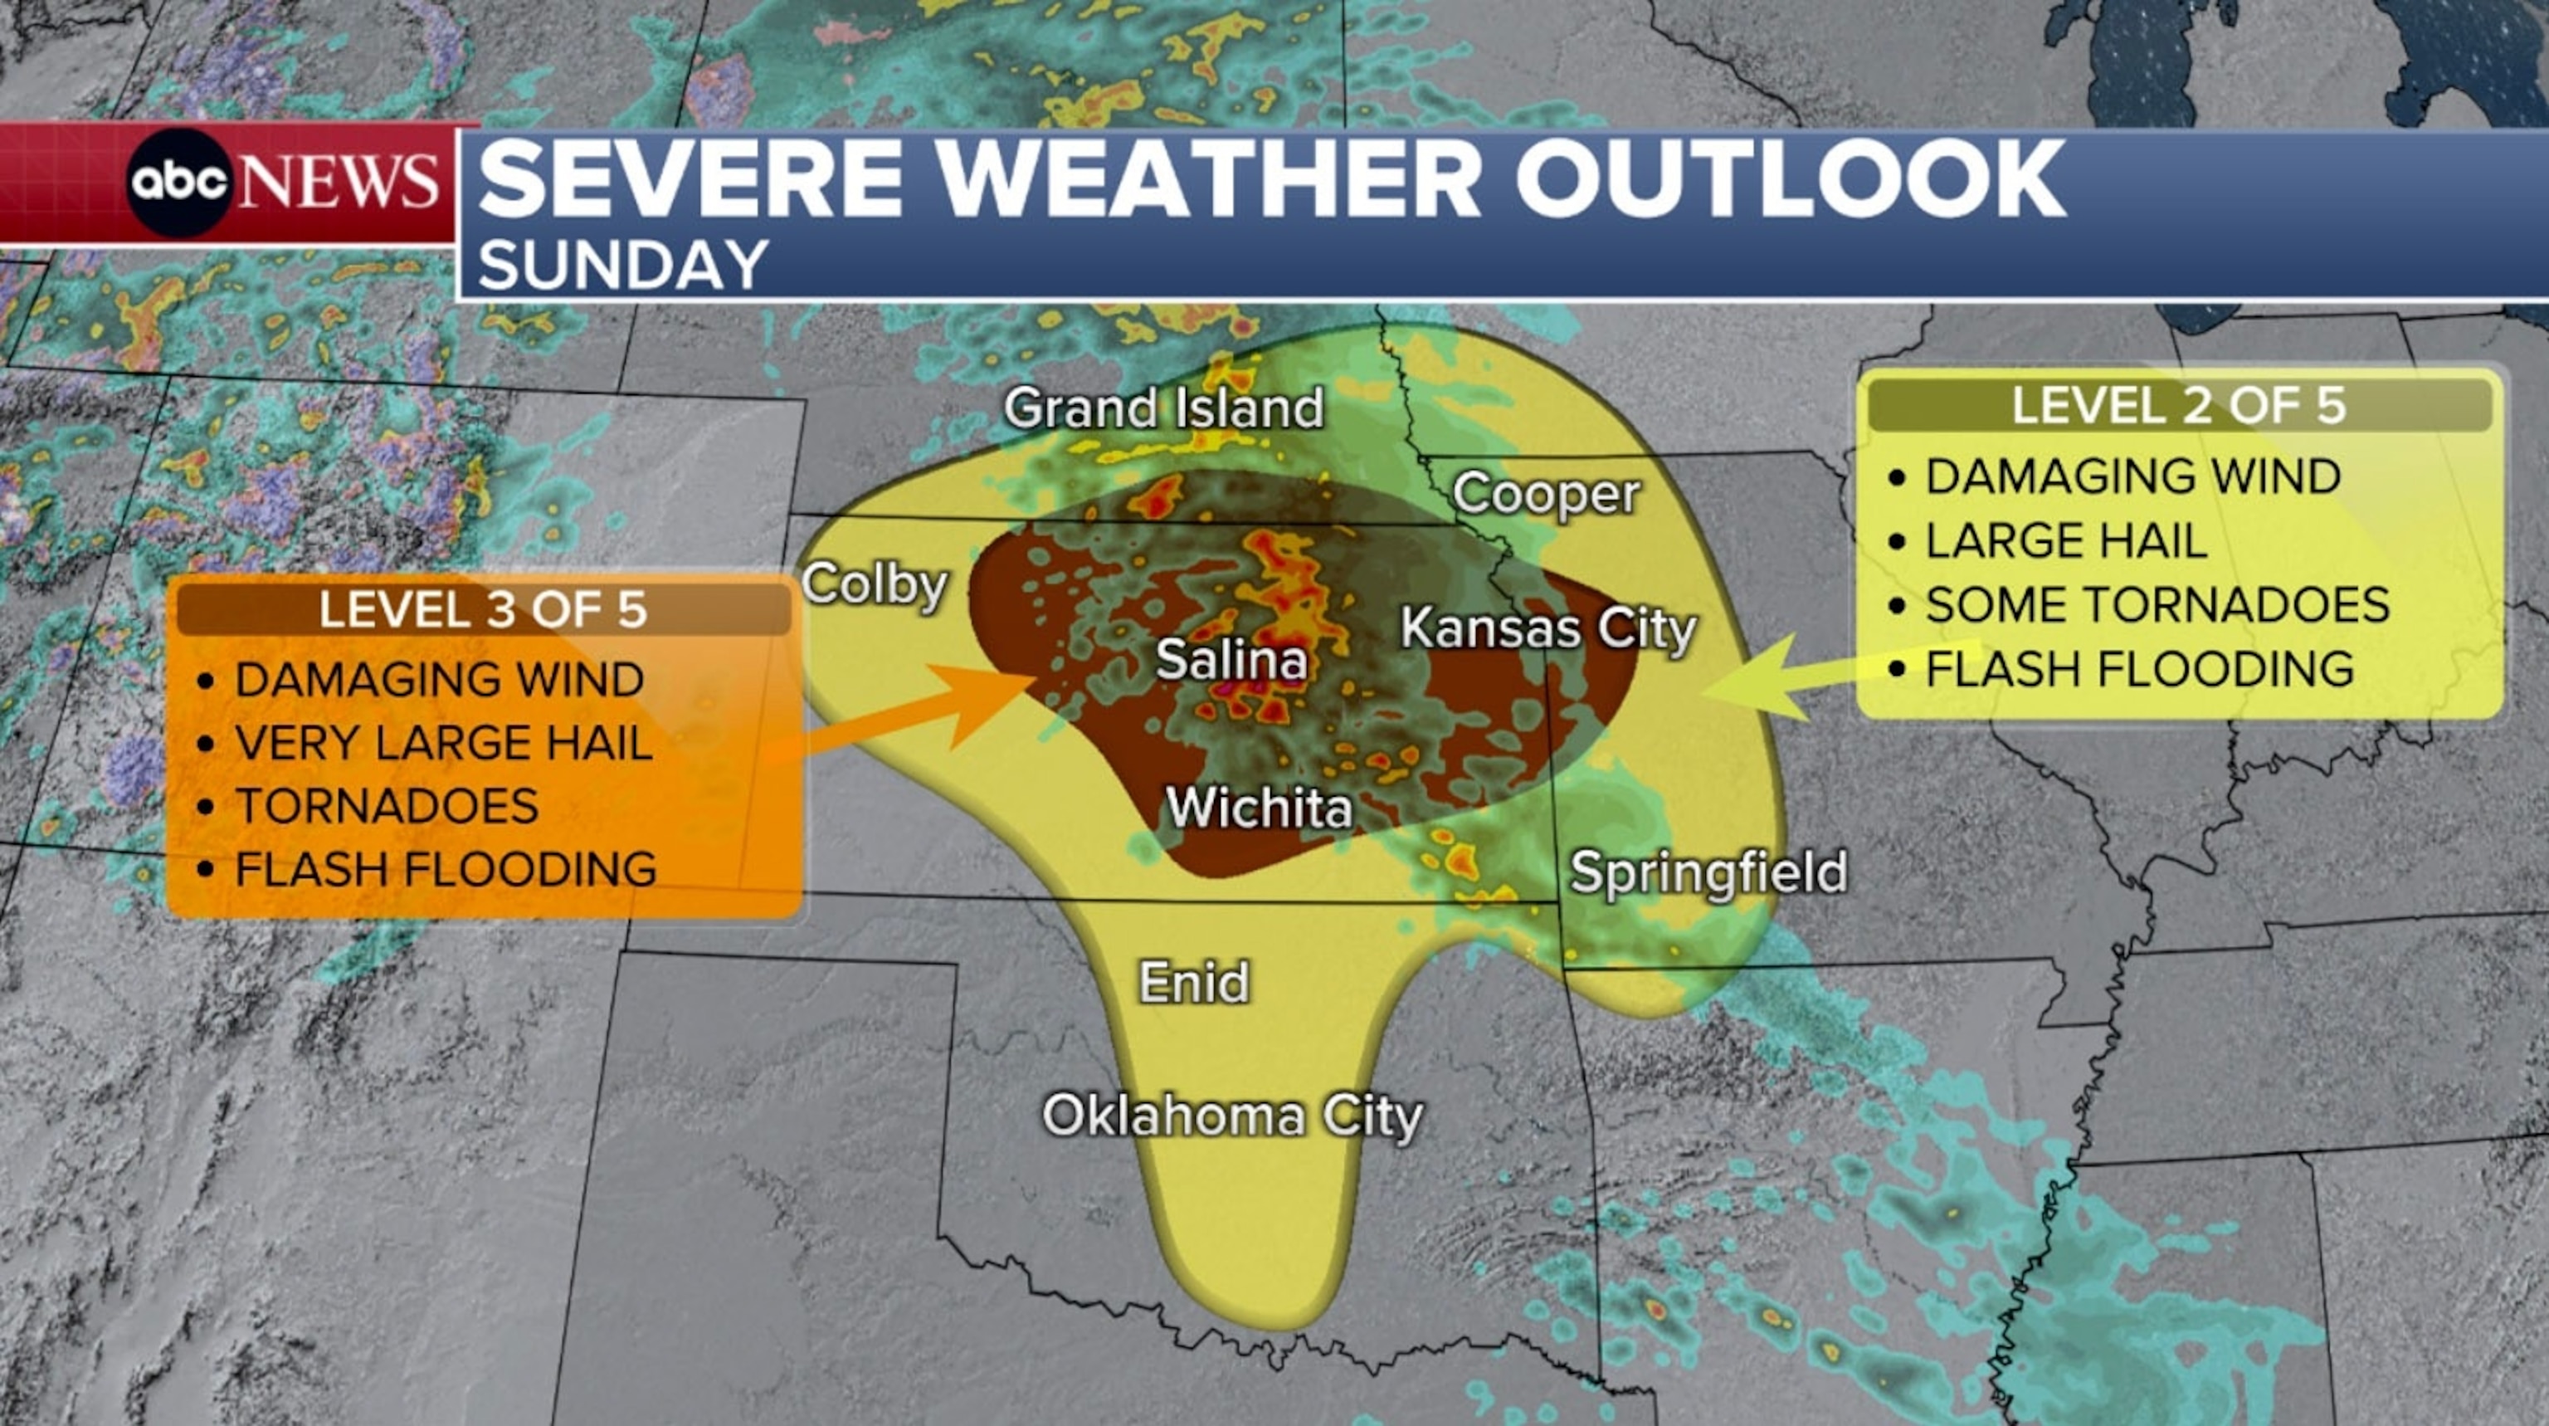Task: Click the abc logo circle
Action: [x=179, y=182]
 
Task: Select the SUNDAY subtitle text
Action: [x=623, y=266]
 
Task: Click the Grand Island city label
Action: [x=1163, y=408]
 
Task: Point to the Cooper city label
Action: [x=1546, y=493]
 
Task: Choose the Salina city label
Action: [x=1231, y=659]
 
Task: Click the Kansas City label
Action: [x=1548, y=628]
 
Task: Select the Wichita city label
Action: [x=1259, y=808]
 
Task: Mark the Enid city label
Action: [x=1194, y=982]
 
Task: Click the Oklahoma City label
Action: [x=1232, y=1116]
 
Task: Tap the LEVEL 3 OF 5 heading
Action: [x=483, y=609]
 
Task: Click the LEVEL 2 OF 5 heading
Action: [x=2179, y=406]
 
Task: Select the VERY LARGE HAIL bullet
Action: [x=443, y=743]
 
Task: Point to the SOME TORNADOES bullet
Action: [x=2157, y=604]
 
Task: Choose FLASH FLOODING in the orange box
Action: [x=446, y=869]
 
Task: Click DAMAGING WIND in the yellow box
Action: [x=2132, y=476]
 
